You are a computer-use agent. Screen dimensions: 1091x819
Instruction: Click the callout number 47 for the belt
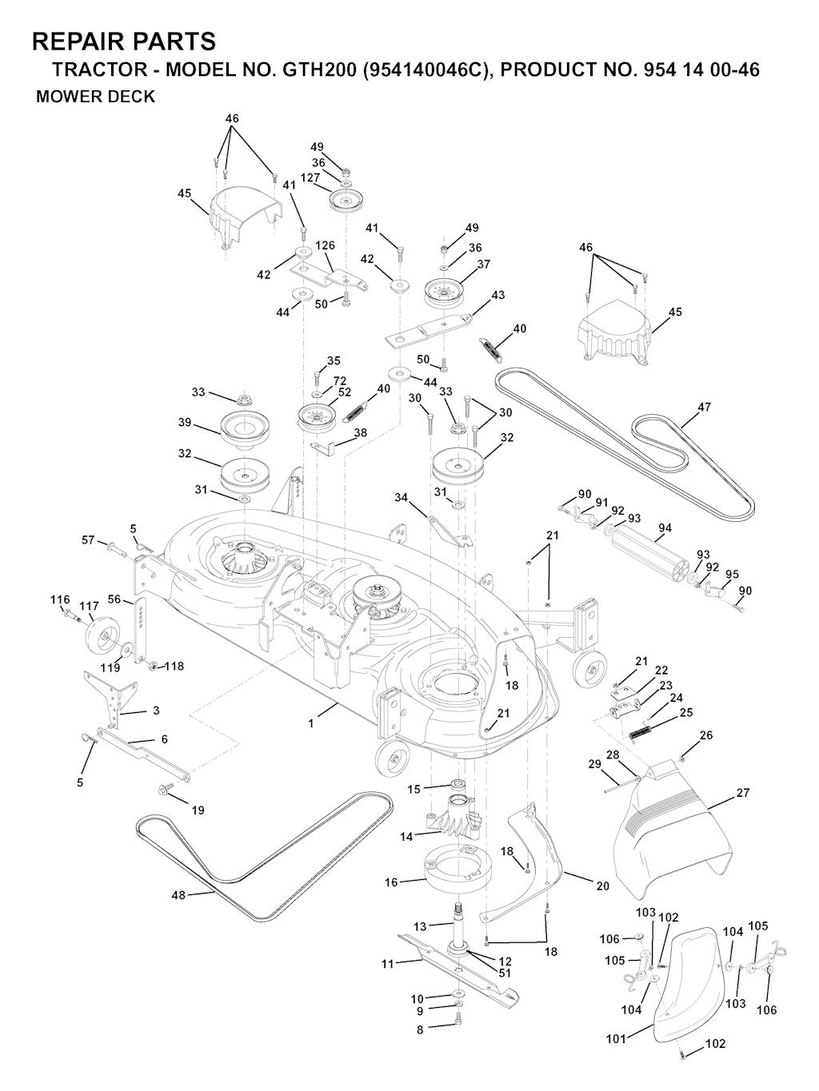704,407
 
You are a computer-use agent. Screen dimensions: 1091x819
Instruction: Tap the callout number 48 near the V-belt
178,895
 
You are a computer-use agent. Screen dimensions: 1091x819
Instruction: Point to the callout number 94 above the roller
665,528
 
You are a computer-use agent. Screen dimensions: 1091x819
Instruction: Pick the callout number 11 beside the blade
387,965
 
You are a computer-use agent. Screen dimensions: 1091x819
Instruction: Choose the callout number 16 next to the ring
391,882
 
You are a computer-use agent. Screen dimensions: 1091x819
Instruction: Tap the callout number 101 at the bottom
615,1040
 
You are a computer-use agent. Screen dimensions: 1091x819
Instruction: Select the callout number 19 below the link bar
198,810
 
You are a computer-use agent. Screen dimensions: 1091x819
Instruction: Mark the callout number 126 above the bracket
325,245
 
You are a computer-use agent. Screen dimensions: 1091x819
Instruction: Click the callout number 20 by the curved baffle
602,886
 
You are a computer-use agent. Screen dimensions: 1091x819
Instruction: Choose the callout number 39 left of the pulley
185,422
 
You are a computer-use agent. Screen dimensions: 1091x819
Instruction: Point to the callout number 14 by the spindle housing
407,837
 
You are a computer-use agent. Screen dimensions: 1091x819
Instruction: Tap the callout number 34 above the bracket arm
402,497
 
